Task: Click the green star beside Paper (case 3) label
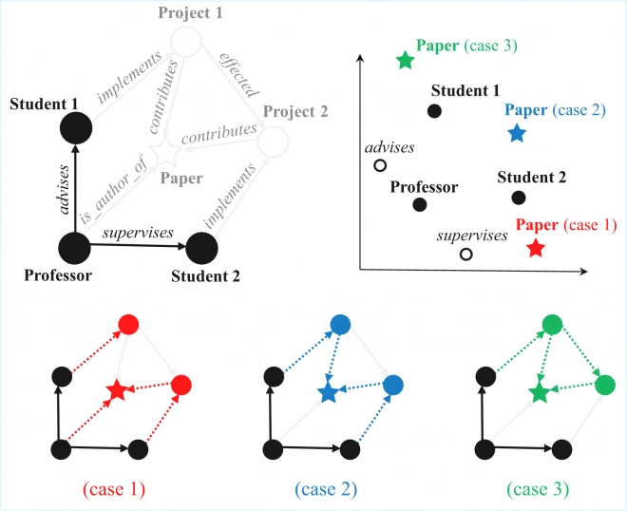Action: (406, 60)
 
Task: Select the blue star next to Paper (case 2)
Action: (517, 133)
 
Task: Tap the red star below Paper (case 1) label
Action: (536, 249)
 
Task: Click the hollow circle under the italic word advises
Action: (380, 166)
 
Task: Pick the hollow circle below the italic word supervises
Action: (466, 255)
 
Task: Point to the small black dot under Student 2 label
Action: (519, 198)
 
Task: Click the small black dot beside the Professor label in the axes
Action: (420, 204)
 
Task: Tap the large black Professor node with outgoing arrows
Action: (74, 249)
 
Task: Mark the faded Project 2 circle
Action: (272, 141)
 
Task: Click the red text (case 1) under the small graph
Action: (114, 490)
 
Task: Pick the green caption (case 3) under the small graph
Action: (538, 490)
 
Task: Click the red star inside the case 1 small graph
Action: (116, 389)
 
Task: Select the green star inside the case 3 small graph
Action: (539, 391)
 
